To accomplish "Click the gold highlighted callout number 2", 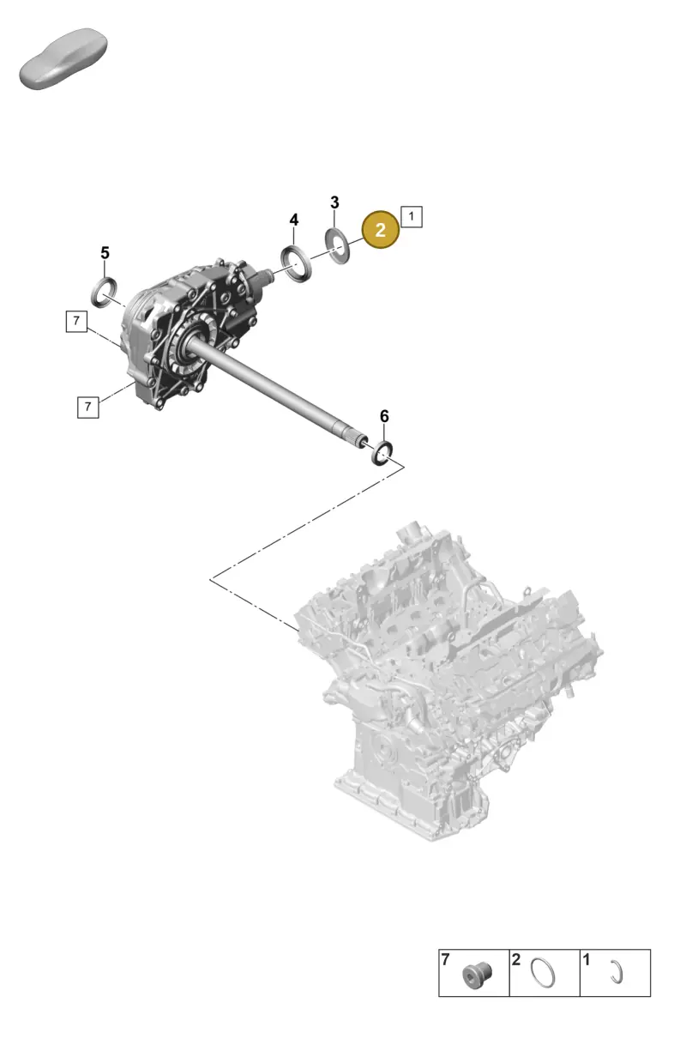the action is tap(380, 230).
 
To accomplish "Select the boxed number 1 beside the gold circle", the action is tap(411, 216).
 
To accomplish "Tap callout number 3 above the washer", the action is tap(334, 202).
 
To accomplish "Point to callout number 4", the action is tap(294, 220).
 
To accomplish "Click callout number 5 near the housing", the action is tap(105, 253).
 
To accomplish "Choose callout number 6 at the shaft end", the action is tap(384, 416).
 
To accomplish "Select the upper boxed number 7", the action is tap(76, 321).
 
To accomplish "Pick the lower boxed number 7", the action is tap(88, 407).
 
